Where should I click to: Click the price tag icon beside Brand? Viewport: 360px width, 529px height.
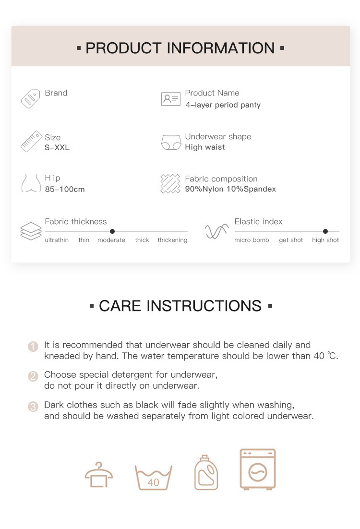coord(30,98)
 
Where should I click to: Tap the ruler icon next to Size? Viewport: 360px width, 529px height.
coord(30,141)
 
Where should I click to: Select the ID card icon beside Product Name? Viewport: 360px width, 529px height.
coord(170,99)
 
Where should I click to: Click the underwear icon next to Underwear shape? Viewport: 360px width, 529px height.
coord(170,142)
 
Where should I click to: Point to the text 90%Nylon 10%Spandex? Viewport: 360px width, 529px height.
coord(230,189)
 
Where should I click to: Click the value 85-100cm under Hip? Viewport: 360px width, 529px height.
coord(65,189)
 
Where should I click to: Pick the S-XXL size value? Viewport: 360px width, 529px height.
coord(57,147)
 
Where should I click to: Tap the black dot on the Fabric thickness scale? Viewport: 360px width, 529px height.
coord(112,231)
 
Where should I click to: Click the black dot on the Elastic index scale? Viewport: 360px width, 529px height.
coord(325,231)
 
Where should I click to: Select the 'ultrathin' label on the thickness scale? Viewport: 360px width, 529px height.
coord(57,240)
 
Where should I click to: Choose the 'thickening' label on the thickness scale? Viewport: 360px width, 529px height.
coord(172,240)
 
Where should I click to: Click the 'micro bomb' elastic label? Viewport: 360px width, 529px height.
coord(252,240)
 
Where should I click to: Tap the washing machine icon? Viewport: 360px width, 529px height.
coord(258,469)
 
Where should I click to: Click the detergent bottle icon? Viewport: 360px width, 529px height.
coord(206,473)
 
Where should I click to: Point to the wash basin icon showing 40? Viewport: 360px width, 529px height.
coord(154,477)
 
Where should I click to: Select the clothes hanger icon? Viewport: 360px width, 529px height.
coord(99,475)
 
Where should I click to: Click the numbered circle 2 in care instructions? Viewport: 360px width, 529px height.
coord(33,376)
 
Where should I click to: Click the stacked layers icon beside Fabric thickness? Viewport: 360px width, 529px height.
coord(31,231)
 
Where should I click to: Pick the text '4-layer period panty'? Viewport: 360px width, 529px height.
coord(223,105)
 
